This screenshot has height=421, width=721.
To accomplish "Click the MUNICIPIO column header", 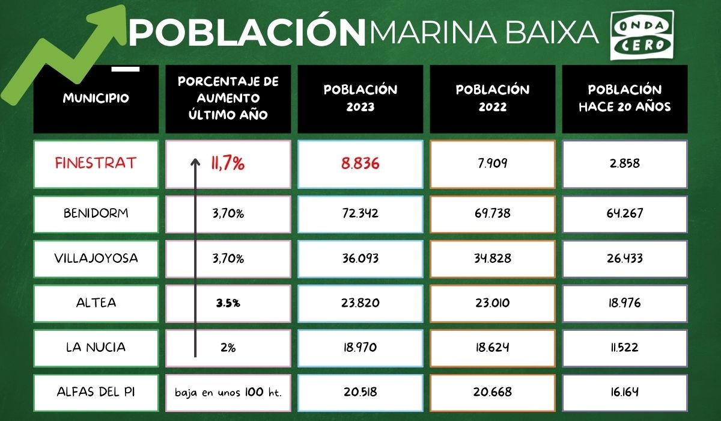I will (96, 98).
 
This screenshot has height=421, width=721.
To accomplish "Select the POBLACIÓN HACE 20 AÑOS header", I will (624, 98).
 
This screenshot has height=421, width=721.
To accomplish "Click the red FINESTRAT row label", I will (96, 164).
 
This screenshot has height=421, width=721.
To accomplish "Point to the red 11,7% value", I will (228, 164).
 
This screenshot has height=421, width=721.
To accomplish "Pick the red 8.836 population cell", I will (360, 164).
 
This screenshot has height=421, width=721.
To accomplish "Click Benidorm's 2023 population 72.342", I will (360, 214).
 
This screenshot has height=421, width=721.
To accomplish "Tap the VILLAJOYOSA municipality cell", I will (96, 258).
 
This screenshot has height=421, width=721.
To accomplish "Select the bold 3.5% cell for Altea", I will (228, 303).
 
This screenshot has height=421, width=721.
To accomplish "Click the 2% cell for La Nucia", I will (228, 347).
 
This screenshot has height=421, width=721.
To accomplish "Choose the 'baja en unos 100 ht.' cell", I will (228, 392).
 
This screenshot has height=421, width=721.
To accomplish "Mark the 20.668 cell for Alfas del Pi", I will (492, 392).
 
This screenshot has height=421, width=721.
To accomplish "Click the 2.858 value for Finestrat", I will (624, 164).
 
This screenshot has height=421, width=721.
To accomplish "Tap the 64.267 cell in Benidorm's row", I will (624, 214).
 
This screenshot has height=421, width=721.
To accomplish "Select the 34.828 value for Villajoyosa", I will (492, 258).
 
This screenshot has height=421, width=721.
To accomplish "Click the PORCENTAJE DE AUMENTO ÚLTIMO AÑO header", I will (228, 98).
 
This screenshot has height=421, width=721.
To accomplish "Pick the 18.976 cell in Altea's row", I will (624, 303).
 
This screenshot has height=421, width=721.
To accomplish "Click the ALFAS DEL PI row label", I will (96, 392).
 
